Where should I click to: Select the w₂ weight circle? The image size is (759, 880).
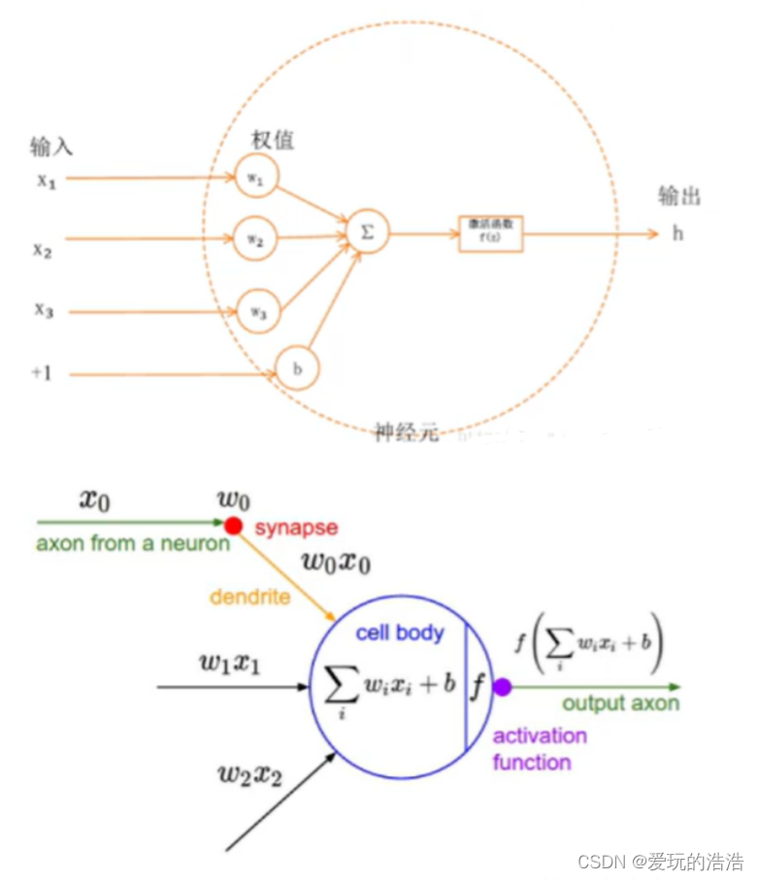click(255, 239)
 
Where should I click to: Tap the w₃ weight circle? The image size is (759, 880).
click(255, 310)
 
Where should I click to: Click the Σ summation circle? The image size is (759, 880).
click(367, 234)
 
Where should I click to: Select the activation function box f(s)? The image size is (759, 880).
click(491, 234)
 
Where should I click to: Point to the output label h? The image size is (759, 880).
click(677, 234)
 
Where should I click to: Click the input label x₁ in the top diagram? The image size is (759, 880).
click(46, 180)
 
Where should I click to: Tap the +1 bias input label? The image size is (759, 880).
click(41, 373)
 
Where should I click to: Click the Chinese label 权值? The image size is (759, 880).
click(273, 141)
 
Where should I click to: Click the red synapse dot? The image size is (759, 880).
click(233, 525)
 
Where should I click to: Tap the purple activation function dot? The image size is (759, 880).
click(502, 687)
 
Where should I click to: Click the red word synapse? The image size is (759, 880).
click(296, 528)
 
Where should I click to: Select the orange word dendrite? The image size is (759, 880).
click(248, 597)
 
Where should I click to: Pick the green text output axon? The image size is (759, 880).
click(621, 703)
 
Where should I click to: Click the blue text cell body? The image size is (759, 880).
click(399, 634)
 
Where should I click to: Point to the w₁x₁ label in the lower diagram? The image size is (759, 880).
click(232, 664)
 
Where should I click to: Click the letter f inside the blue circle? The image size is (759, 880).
click(478, 687)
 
